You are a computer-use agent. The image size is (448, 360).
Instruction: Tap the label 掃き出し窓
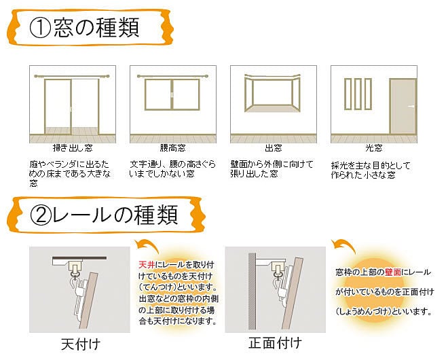[73, 147]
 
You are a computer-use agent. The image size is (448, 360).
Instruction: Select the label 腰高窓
[173, 147]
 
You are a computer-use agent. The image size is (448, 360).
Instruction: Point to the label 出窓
[273, 147]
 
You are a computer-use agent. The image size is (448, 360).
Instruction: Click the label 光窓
[373, 147]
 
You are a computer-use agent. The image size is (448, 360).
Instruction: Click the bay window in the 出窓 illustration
[272, 95]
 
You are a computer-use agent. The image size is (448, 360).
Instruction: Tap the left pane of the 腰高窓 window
[158, 95]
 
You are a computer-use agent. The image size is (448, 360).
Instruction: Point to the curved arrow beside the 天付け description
[148, 245]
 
